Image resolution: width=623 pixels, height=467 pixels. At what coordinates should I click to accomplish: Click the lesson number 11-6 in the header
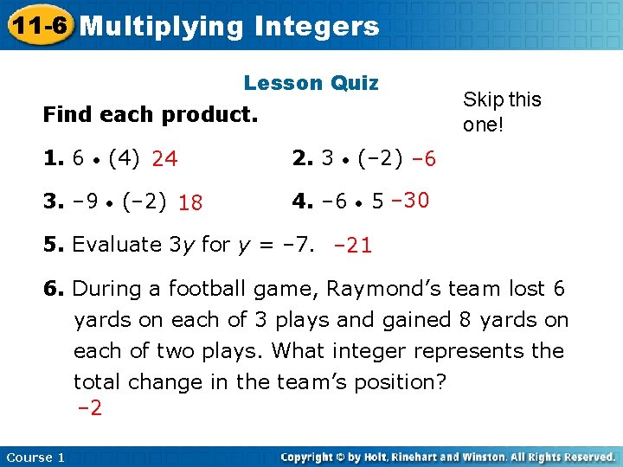click(x=37, y=25)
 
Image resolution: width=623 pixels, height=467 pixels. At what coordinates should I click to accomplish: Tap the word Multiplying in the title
click(x=162, y=26)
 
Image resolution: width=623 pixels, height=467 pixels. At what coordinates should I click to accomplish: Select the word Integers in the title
click(x=318, y=26)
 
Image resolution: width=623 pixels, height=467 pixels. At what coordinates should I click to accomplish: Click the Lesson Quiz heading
click(x=311, y=83)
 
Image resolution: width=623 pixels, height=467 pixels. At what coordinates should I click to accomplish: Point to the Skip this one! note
click(x=502, y=112)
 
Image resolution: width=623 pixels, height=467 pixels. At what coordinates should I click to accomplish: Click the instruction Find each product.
click(x=151, y=114)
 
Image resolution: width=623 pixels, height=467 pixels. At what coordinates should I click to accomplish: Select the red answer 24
click(x=164, y=159)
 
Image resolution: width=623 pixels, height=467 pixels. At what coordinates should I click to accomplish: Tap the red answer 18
click(x=190, y=203)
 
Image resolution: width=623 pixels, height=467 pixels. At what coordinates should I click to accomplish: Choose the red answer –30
click(x=410, y=201)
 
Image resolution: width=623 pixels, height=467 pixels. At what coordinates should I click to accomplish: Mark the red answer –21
click(x=353, y=246)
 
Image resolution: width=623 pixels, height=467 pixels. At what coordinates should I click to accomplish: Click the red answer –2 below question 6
click(x=89, y=408)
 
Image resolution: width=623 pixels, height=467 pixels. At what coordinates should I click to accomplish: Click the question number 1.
click(x=53, y=158)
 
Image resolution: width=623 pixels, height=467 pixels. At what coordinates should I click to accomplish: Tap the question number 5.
click(x=53, y=245)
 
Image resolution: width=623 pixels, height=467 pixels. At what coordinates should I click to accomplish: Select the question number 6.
click(x=53, y=289)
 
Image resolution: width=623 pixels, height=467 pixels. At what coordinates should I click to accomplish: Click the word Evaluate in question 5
click(x=115, y=245)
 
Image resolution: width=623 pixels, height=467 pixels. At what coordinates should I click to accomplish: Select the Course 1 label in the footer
click(x=35, y=457)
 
